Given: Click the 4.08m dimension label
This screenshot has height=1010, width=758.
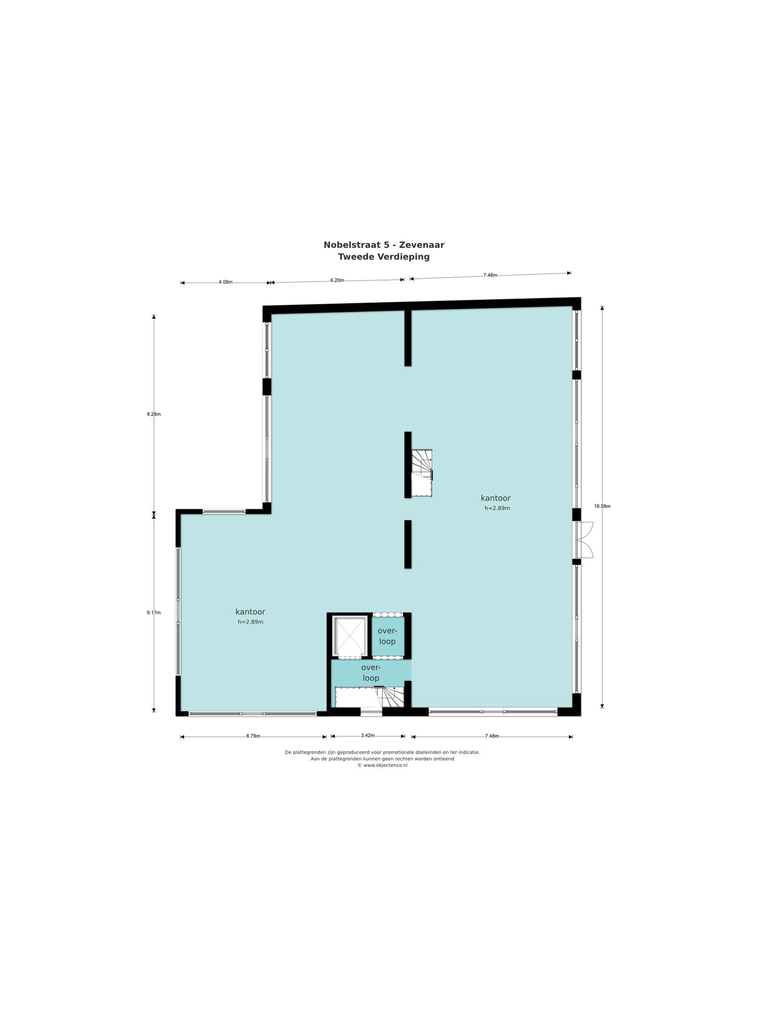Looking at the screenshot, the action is (x=225, y=282).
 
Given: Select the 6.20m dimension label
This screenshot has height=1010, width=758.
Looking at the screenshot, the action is (x=337, y=280).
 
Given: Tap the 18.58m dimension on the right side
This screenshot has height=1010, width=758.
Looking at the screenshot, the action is (x=602, y=506).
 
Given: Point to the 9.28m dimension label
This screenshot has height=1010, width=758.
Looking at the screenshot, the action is (x=153, y=414).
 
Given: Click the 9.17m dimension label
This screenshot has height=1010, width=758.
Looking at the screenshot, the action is (x=153, y=613).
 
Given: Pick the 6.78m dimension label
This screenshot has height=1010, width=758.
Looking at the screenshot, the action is (x=253, y=736).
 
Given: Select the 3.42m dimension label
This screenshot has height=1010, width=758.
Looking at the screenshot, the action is (x=368, y=735).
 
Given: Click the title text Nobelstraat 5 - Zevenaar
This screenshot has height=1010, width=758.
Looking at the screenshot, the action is (x=384, y=245).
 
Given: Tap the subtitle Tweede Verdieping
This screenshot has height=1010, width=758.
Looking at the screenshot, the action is (x=384, y=256).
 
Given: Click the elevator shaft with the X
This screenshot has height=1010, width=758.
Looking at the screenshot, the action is (x=349, y=636).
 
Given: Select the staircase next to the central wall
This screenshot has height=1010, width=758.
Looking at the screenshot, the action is (x=422, y=472).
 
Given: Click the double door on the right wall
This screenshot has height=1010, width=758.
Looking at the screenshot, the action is (x=584, y=540).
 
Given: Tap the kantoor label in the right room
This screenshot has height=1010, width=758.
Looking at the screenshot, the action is (x=495, y=498).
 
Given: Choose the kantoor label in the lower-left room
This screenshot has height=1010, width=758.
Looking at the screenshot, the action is (x=250, y=612).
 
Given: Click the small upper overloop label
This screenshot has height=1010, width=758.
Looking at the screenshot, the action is (x=387, y=636).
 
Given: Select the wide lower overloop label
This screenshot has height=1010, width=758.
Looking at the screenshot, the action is (x=371, y=673).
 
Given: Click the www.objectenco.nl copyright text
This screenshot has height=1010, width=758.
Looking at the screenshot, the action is (x=382, y=765).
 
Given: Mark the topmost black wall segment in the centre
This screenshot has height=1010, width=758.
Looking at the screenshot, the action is (x=408, y=336).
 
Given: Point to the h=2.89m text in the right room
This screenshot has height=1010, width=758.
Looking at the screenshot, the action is (x=497, y=508).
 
